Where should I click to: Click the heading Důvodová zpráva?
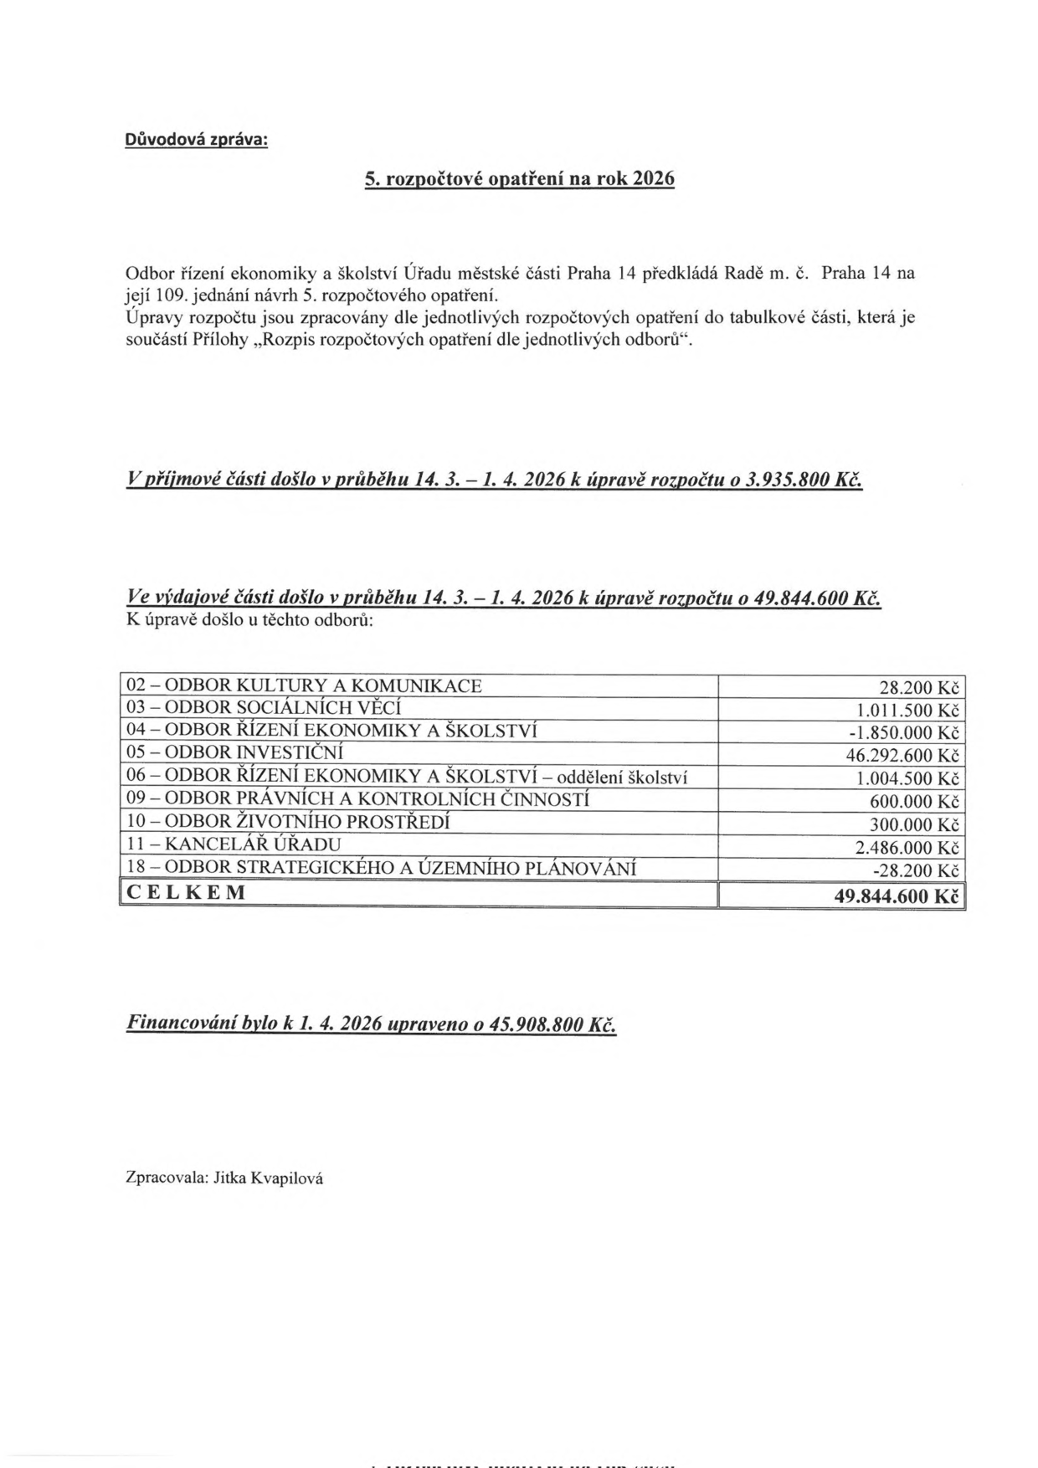[x=197, y=140]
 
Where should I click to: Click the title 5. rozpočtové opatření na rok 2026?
[x=519, y=179]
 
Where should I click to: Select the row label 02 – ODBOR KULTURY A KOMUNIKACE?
[x=304, y=686]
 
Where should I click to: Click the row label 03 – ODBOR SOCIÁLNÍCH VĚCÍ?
[x=264, y=708]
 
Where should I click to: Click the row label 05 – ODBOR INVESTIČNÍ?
[x=234, y=753]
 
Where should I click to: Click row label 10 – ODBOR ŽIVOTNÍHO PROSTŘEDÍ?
[x=288, y=822]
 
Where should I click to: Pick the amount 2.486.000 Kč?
[x=907, y=848]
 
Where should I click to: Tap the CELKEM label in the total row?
[x=187, y=892]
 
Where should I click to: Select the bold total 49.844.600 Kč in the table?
[x=896, y=896]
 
